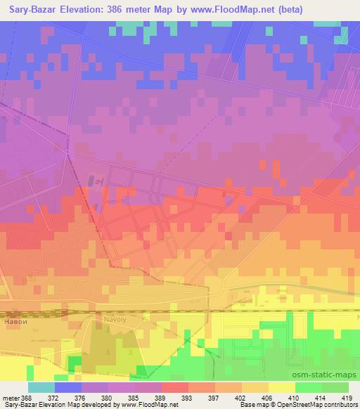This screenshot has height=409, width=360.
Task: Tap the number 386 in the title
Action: [141, 9]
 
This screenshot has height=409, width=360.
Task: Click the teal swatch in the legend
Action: [41, 387]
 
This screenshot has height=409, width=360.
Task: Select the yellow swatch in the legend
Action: [282, 387]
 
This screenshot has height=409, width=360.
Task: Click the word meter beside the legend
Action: [10, 398]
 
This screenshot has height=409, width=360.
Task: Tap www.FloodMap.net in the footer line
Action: [140, 405]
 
